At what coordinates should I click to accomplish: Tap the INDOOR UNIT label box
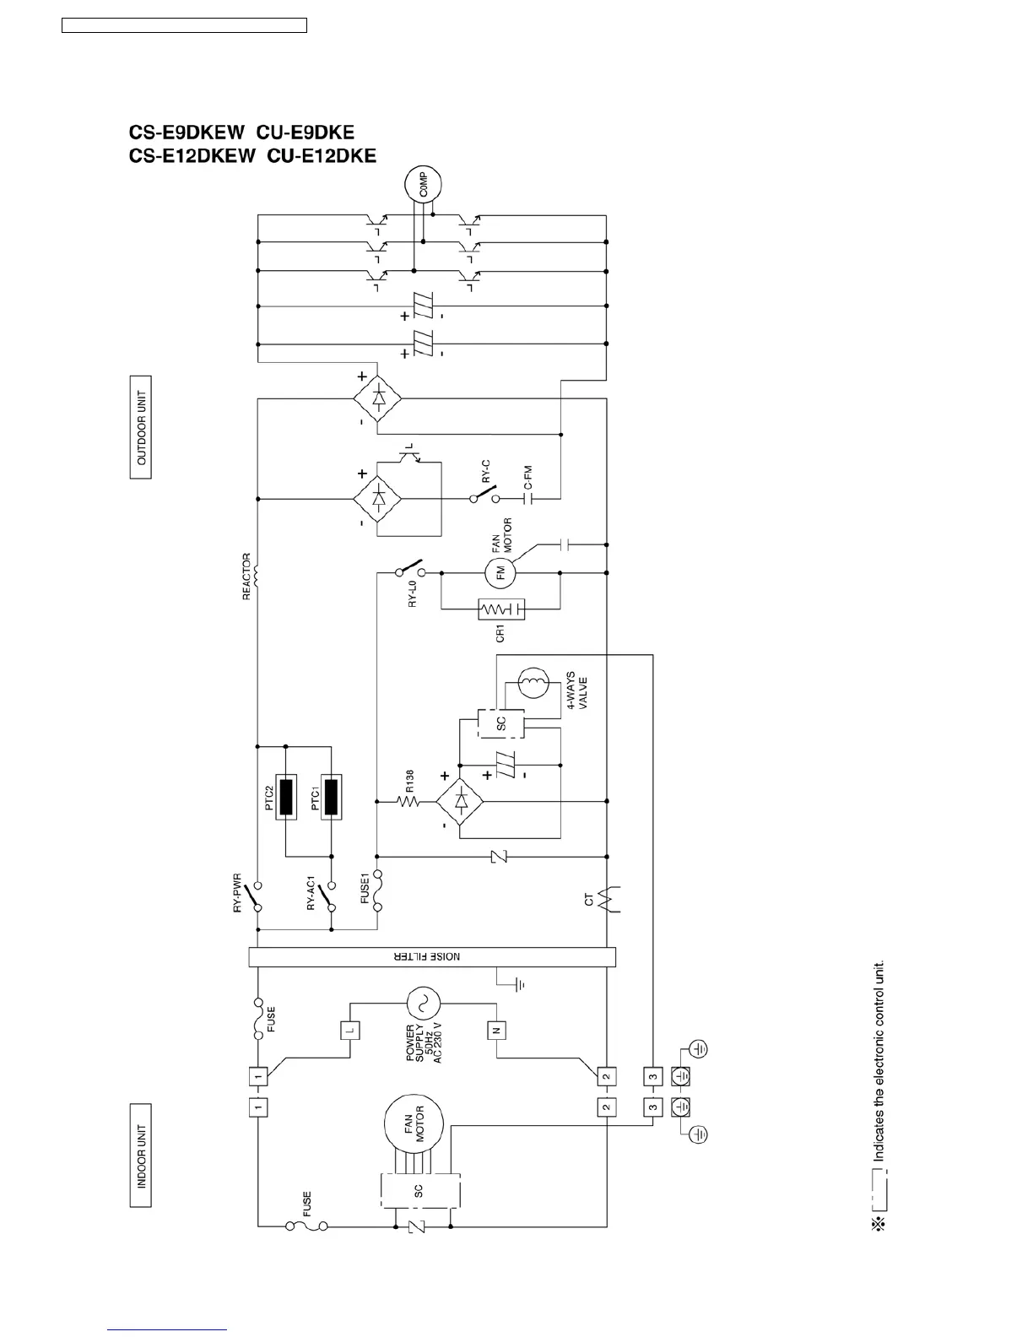pos(141,1155)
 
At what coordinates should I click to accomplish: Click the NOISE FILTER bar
pos(432,957)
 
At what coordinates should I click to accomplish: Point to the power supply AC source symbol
pos(421,1004)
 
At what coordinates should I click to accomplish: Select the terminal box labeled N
pos(495,1030)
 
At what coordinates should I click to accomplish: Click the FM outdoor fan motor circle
pos(500,574)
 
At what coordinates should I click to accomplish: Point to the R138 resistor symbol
pos(408,798)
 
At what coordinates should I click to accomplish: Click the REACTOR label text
pos(246,576)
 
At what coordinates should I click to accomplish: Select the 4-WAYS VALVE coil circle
pos(533,681)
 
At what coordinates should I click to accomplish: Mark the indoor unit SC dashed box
pos(419,1190)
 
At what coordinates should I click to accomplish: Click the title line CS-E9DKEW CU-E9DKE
pos(241,133)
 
